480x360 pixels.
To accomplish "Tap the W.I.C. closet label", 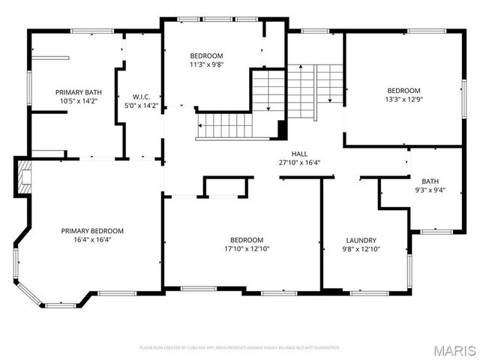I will [142, 97].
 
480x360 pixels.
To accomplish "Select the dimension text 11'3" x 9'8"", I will [206, 64].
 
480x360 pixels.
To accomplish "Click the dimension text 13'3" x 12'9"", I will [403, 99].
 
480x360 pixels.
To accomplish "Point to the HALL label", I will [299, 153].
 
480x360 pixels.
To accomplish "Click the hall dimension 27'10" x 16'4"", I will [299, 162].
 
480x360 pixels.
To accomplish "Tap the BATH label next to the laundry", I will [430, 181].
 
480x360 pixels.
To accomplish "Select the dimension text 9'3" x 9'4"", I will [430, 190].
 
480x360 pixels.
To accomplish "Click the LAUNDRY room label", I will [361, 240].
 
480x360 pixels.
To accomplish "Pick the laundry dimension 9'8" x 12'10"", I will [361, 249].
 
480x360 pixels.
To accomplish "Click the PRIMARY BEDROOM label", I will [92, 231].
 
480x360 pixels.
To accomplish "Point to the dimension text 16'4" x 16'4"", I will [92, 240].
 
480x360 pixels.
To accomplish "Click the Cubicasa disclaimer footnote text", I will [239, 347].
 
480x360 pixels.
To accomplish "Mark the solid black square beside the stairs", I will [282, 129].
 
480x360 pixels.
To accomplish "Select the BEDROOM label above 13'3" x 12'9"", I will [403, 90].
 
